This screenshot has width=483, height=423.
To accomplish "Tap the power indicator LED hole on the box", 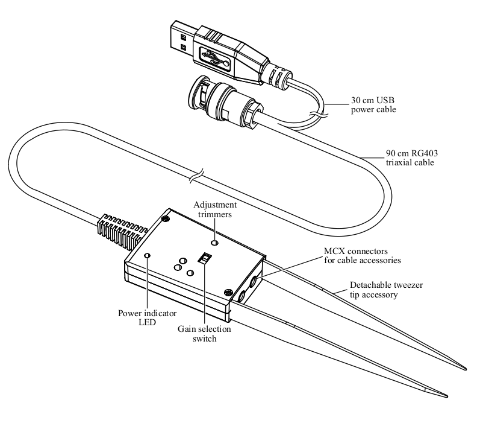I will [148, 256].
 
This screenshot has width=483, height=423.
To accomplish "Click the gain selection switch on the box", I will [205, 259].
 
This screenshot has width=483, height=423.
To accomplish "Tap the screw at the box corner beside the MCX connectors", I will [229, 292].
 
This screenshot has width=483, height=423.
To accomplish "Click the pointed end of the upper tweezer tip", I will [465, 369].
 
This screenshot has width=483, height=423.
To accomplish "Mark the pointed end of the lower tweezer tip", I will [446, 396].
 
